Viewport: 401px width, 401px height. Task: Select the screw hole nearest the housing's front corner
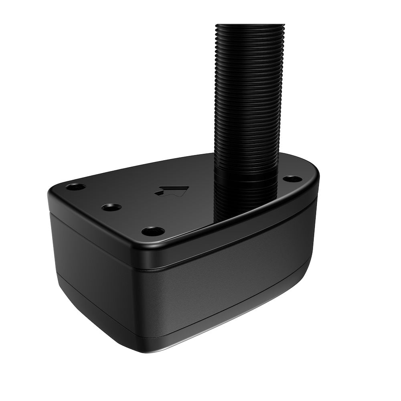pyautogui.click(x=153, y=231)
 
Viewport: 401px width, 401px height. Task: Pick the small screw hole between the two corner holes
pyautogui.click(x=111, y=207)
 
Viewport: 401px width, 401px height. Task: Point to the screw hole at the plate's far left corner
pyautogui.click(x=76, y=186)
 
